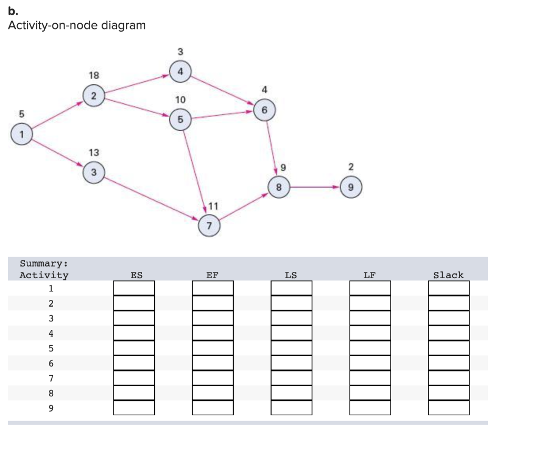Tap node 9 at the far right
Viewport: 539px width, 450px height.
352,187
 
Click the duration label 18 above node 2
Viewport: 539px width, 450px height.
93,75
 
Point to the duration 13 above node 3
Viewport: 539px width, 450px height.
93,152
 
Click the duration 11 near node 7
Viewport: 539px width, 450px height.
214,206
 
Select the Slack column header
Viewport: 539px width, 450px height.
448,275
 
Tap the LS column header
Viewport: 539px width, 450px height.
291,275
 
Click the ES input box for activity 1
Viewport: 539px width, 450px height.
134,288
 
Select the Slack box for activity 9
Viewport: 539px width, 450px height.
448,408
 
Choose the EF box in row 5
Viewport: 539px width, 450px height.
213,348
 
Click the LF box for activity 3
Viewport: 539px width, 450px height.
370,318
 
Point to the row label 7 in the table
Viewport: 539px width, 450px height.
51,378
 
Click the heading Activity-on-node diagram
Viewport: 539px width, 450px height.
77,25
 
